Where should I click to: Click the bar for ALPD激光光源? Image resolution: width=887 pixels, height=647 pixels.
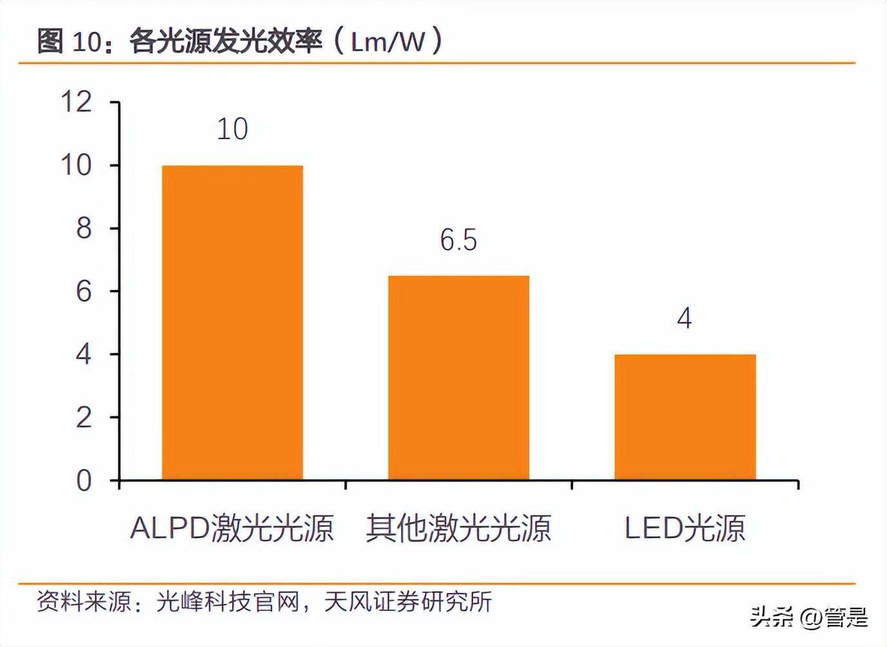coord(232,322)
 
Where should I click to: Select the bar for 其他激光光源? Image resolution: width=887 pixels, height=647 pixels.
coord(458,378)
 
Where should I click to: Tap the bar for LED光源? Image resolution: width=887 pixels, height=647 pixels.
coord(685,417)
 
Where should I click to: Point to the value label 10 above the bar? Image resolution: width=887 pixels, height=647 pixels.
coord(232,129)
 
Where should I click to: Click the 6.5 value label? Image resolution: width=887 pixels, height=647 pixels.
coord(458,240)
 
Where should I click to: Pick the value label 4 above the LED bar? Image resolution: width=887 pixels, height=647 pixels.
coord(685,318)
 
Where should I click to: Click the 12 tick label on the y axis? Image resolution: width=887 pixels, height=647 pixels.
coord(76,102)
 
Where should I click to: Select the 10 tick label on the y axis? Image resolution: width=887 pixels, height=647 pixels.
coord(76,165)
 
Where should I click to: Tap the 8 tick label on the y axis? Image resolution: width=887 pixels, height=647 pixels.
coord(84,228)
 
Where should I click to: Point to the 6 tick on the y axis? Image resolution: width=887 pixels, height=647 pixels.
coord(84,291)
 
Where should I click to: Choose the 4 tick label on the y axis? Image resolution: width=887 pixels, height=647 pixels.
coord(84,354)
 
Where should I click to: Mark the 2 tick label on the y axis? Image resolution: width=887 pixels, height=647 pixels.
coord(84,418)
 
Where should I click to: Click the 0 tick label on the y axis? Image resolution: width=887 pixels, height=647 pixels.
coord(84,481)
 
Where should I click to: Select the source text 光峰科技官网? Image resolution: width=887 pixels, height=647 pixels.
coord(229,602)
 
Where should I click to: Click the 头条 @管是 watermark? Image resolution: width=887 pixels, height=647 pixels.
coord(809,618)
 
